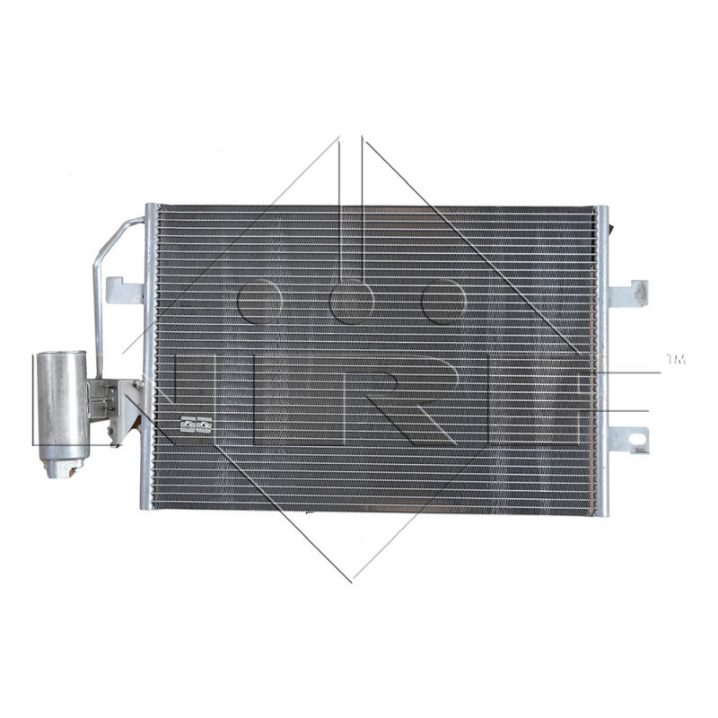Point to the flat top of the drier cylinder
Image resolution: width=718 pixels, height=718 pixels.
pyautogui.click(x=61, y=354)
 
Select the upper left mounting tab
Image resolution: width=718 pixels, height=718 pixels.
pyautogui.click(x=125, y=290)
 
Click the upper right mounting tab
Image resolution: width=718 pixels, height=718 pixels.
pyautogui.click(x=628, y=294)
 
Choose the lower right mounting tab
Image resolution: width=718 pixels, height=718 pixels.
pyautogui.click(x=628, y=439)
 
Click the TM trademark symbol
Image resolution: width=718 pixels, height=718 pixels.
pyautogui.click(x=675, y=360)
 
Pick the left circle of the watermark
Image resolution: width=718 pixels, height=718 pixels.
pyautogui.click(x=258, y=301)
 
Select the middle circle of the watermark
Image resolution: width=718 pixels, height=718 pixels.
pyautogui.click(x=352, y=301)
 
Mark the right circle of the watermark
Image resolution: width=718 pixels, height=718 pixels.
pyautogui.click(x=443, y=301)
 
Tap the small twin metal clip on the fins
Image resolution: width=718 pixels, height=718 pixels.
pyautogui.click(x=196, y=425)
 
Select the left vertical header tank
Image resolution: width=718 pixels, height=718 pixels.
pyautogui.click(x=150, y=359)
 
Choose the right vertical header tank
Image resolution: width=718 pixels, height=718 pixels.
pyautogui.click(x=600, y=359)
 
